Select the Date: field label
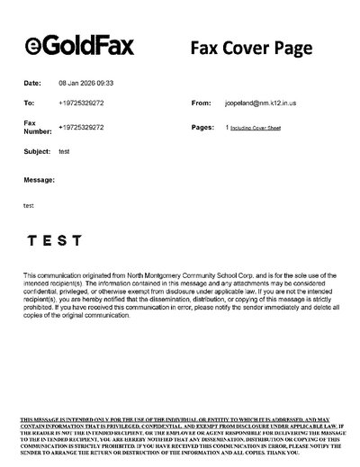point(32,83)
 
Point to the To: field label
point(29,104)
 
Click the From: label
point(202,104)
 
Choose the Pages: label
point(202,128)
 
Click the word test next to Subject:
point(64,151)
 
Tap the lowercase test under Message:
point(28,206)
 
